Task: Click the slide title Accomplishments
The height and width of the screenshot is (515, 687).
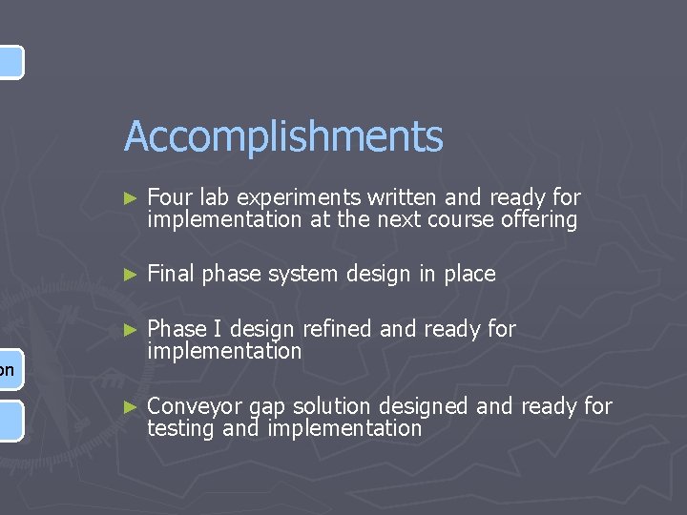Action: (x=283, y=136)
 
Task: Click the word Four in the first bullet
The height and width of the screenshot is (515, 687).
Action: (x=171, y=197)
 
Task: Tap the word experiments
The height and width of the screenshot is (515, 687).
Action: (x=299, y=197)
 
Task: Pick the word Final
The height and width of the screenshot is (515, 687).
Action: (x=170, y=275)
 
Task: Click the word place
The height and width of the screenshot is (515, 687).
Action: (x=468, y=275)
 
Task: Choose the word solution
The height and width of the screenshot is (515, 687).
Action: (x=330, y=406)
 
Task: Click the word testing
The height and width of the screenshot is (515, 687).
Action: (x=181, y=429)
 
